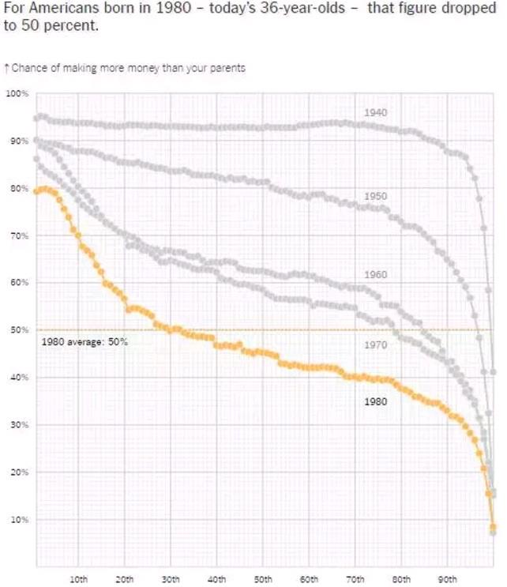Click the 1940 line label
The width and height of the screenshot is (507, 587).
pos(376,114)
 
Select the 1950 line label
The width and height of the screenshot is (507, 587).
pos(376,196)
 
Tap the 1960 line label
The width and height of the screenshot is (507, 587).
pos(376,275)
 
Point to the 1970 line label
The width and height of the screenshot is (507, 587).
pos(376,345)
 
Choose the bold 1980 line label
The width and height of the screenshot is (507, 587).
pos(376,401)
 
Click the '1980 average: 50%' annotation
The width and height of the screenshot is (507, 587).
pos(84,342)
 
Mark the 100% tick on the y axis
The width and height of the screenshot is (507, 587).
pos(17,94)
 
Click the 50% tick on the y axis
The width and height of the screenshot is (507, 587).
pos(17,330)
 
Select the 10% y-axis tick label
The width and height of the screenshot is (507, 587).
pos(17,520)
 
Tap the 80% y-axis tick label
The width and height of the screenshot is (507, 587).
pos(17,189)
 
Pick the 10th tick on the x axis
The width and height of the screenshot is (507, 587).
pos(79,579)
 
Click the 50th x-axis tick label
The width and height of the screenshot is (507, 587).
pos(264,579)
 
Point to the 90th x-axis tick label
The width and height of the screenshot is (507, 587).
pos(448,579)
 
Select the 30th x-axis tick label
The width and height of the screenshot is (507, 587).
pos(171,579)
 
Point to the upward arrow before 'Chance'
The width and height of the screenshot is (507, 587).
pos(6,68)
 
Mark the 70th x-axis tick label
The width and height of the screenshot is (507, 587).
pos(355,579)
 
